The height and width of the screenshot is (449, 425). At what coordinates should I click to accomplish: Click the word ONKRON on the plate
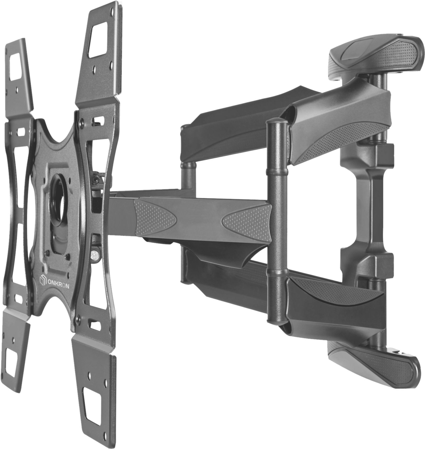click(x=58, y=286)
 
